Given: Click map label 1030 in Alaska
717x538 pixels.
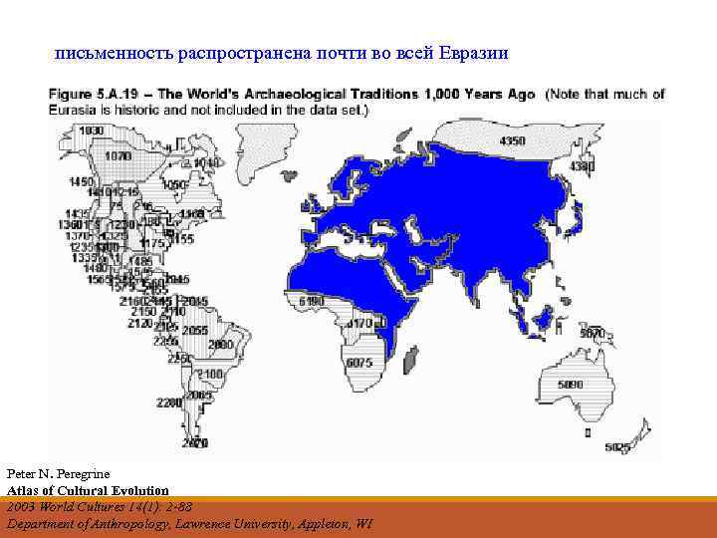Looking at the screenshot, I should (x=91, y=131).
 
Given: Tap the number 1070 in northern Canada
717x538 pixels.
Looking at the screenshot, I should (x=119, y=156).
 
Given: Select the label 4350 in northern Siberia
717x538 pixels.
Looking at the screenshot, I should (x=512, y=141).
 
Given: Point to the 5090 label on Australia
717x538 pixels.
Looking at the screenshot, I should (x=571, y=384).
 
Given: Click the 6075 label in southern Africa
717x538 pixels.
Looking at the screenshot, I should (x=358, y=363).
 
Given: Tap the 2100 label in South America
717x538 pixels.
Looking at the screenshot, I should (x=211, y=374).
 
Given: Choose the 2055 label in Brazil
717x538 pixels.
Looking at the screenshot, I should (x=195, y=331).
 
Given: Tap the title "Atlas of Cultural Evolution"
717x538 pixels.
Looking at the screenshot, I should (x=88, y=490).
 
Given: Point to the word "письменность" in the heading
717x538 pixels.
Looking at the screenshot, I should (x=104, y=52).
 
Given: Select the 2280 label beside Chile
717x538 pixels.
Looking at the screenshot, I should (x=168, y=403).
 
